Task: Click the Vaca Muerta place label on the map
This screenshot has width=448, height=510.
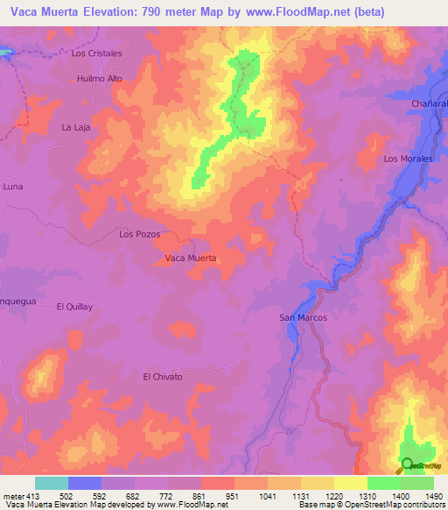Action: coord(191,259)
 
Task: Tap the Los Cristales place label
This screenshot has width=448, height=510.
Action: coord(96,53)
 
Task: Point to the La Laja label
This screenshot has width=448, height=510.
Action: coord(76,127)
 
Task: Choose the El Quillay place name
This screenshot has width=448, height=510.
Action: coord(74,307)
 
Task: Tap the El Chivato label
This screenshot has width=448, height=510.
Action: coord(163,377)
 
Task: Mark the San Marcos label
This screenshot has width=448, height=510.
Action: coord(303,317)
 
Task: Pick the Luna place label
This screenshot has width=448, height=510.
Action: coord(13,187)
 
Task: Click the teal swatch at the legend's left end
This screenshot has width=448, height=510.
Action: coord(52,483)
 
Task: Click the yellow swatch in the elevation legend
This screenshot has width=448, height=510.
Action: coord(350,483)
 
